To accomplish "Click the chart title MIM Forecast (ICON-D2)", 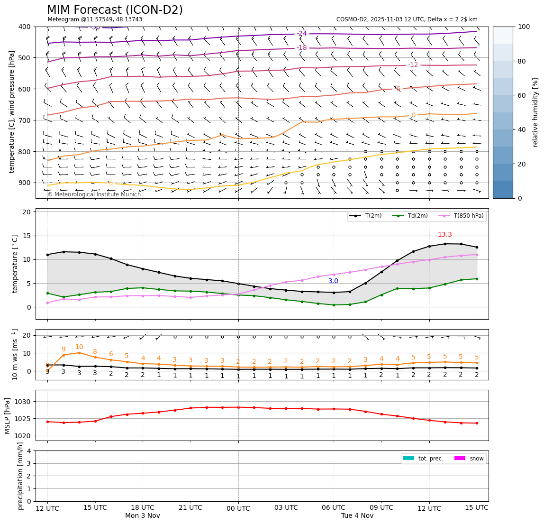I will pos(115,10).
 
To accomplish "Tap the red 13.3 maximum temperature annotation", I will pos(444,235).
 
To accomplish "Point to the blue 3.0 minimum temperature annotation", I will pos(333,281).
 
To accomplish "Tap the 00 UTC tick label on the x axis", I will pos(238,508).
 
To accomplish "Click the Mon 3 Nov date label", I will pos(143,515).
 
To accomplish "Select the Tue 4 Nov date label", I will pos(357,515).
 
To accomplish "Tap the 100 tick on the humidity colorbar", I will pos(524,27).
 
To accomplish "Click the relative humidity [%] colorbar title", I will pos(535,112).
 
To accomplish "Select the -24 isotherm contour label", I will pos(302,33).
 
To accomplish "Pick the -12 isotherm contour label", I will pos(413,64).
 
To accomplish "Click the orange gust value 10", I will pos(79,347).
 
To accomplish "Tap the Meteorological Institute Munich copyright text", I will pos(94,194).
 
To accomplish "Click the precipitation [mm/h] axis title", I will pos(20,476).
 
